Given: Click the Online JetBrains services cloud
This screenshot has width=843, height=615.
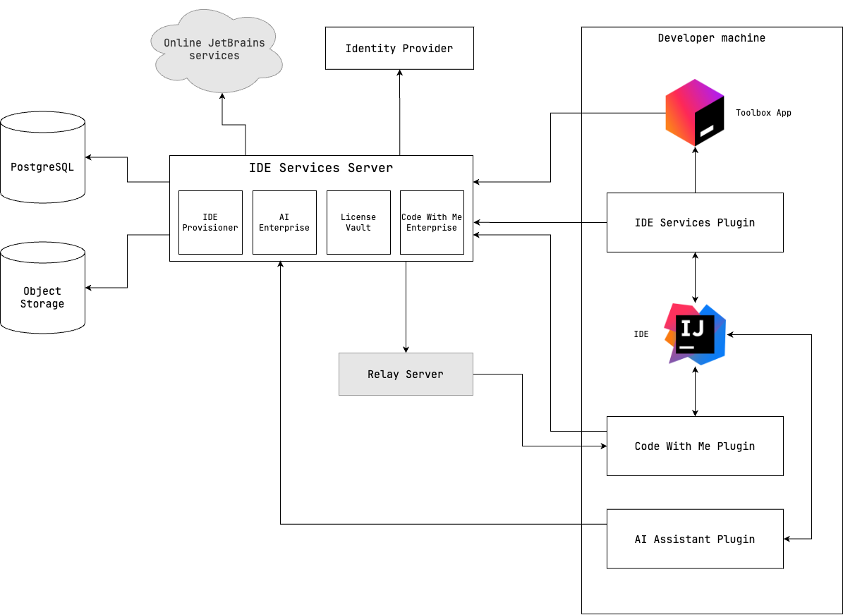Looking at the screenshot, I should point(214,51).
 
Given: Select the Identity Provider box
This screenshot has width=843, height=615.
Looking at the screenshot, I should point(399,49).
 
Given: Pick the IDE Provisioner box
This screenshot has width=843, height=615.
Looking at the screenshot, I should point(210,222).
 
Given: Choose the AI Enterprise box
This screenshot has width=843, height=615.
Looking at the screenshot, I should point(284,222).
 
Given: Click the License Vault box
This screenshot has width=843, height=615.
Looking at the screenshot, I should point(358,222).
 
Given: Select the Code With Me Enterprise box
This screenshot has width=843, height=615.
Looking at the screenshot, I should point(432,222).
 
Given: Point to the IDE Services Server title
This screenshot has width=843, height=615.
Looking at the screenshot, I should point(321,168).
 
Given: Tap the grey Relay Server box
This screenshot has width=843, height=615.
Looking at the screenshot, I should point(406,374).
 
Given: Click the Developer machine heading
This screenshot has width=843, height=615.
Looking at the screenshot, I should point(711,38).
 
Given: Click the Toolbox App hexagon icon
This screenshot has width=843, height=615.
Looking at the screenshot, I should point(695,113).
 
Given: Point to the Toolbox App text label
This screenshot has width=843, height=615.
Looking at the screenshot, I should point(763,113).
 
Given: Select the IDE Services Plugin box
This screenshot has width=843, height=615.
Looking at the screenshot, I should point(695,222).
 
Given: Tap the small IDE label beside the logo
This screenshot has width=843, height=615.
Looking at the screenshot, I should point(641,334).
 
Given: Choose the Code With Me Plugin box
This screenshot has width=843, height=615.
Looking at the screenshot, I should point(695,446).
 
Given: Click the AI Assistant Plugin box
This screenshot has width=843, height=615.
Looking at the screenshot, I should point(695,539).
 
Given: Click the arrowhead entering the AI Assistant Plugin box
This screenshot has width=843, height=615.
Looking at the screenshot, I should point(788,539).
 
